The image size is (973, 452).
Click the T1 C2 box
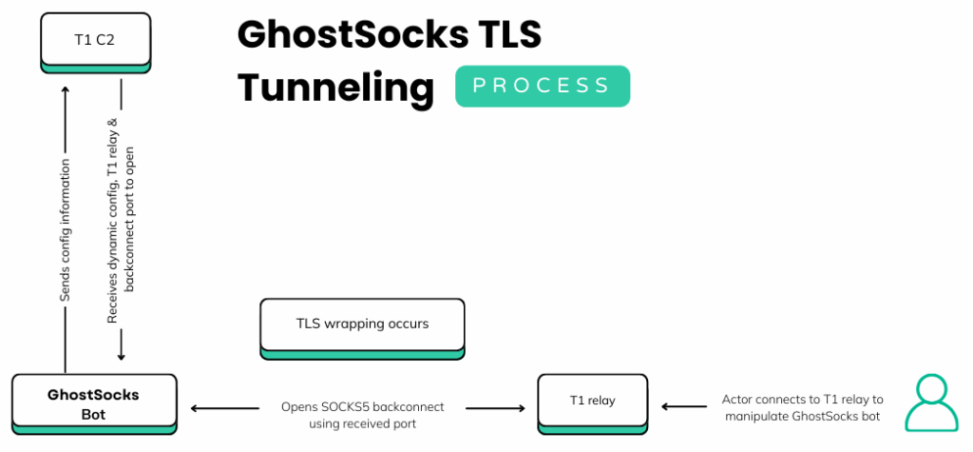(95, 40)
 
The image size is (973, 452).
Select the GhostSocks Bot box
(94, 403)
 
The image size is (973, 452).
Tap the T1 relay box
(593, 401)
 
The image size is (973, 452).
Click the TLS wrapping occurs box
(362, 324)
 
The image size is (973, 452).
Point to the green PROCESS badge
(542, 86)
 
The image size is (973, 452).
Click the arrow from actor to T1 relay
(684, 407)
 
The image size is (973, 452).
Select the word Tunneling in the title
(335, 87)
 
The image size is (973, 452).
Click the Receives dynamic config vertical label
(121, 219)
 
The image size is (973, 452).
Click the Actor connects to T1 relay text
(803, 407)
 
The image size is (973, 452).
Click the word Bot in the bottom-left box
(94, 414)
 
